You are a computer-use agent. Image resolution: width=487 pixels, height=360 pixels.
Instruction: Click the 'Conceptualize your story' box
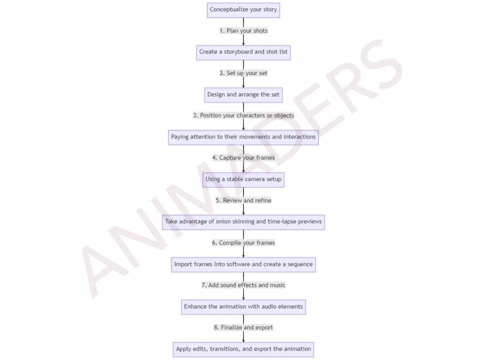tap(243, 10)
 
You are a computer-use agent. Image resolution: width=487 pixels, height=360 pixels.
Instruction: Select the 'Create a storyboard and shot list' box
tap(243, 52)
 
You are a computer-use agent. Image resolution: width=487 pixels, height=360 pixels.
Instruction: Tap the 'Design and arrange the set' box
tap(243, 95)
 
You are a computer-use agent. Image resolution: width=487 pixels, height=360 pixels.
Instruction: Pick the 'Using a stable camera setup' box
tap(243, 180)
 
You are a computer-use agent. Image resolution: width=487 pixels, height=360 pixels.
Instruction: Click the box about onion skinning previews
tap(243, 222)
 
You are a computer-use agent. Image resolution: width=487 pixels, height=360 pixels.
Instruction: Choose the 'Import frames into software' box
tap(243, 264)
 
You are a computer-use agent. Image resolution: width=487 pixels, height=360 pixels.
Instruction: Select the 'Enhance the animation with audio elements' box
tap(243, 307)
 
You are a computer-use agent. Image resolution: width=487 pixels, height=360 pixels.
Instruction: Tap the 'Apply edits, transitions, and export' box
tap(243, 350)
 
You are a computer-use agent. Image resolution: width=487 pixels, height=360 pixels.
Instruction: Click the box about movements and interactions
tap(243, 137)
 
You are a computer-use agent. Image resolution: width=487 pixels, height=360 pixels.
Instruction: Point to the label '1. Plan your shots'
tap(243, 31)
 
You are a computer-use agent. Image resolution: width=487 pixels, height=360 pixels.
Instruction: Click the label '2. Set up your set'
tap(243, 73)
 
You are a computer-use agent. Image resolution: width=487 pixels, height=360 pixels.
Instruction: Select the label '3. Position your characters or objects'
tap(243, 116)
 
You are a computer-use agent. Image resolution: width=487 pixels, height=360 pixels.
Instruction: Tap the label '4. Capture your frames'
tap(243, 158)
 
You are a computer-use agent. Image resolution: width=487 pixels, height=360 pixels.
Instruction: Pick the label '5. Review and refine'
tap(243, 200)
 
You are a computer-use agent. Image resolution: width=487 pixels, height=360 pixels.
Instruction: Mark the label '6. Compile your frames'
tap(243, 243)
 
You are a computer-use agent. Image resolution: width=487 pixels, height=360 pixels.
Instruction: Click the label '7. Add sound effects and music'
tap(243, 285)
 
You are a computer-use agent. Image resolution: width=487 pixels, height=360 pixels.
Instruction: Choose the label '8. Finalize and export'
tap(243, 327)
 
